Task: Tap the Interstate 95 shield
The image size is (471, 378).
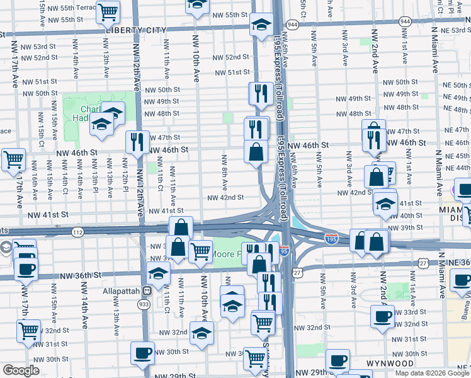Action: point(284,250)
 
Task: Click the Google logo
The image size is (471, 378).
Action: point(21,370)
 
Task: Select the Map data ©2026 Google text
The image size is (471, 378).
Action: point(431,373)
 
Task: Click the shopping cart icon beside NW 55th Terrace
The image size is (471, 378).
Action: point(108,11)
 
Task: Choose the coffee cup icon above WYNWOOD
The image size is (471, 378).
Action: point(338,360)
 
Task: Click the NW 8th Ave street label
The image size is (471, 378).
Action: point(224,171)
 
